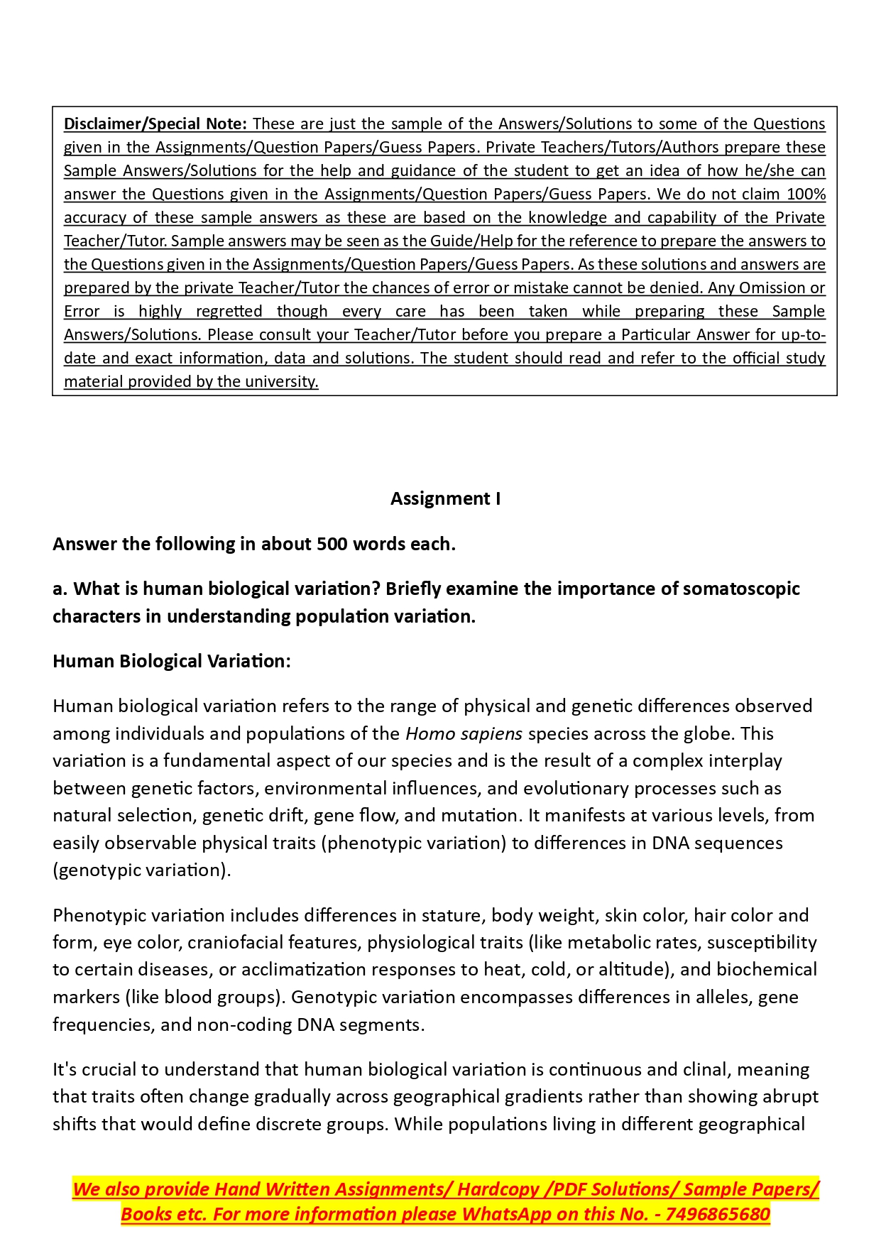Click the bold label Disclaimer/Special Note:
click(155, 124)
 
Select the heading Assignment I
click(445, 498)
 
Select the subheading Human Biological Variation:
click(171, 661)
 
